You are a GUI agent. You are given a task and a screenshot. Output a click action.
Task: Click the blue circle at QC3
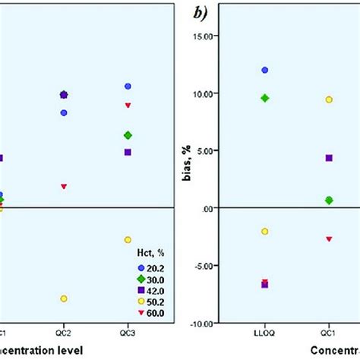(x=128, y=87)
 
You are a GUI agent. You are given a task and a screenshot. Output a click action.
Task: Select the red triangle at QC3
(x=128, y=105)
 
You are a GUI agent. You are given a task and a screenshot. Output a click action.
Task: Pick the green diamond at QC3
(x=128, y=135)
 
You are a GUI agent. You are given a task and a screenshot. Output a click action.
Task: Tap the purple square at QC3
(x=128, y=153)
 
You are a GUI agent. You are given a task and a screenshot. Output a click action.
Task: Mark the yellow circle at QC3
(x=128, y=240)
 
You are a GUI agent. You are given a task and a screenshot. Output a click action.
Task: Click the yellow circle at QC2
(x=64, y=298)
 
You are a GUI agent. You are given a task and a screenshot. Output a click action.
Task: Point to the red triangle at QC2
(x=64, y=186)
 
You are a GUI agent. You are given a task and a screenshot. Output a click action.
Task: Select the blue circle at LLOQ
(x=264, y=70)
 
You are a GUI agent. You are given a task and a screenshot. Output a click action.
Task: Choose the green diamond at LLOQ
(x=264, y=98)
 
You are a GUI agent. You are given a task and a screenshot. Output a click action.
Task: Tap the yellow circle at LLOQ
(x=264, y=231)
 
